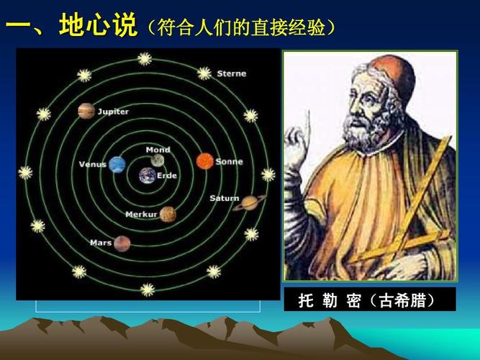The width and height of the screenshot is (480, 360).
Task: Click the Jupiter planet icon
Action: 86,111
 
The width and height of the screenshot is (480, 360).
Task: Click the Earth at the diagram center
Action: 148,175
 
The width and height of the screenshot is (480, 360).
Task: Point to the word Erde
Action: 167,176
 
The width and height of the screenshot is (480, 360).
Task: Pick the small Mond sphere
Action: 158,161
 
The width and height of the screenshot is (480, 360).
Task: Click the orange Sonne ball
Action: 204,161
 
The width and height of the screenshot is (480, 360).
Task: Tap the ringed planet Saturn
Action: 250,203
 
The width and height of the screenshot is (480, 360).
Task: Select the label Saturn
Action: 224,198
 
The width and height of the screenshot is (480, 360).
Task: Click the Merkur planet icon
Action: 168,214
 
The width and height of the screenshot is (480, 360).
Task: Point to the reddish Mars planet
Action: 122,243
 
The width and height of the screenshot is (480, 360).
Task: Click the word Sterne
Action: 231,73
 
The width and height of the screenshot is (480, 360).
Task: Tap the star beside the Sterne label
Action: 204,73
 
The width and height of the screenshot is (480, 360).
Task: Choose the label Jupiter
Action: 113,112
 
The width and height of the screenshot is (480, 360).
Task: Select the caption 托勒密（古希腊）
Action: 368,300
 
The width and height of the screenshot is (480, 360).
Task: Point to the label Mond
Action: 158,150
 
